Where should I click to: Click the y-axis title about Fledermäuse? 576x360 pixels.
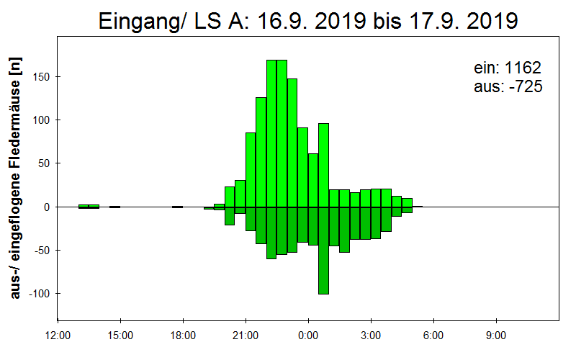click(15, 178)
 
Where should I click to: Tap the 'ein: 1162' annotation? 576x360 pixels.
click(508, 68)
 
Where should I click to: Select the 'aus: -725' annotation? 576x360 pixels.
click(508, 86)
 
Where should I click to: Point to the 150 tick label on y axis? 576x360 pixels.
click(42, 77)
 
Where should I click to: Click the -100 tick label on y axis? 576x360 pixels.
click(39, 294)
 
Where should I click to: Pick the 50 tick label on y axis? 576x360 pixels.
click(44, 163)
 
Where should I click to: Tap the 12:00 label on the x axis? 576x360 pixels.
click(58, 336)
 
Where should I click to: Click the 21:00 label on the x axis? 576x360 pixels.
click(246, 336)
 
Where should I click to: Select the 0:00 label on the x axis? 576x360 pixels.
click(308, 336)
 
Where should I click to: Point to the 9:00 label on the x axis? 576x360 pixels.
click(496, 336)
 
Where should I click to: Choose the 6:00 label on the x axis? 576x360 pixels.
click(433, 336)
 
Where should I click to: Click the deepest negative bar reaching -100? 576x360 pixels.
click(323, 251)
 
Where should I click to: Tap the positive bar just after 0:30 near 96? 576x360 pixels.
click(323, 166)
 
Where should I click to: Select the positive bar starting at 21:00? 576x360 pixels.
click(251, 170)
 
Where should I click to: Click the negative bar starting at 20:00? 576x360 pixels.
click(230, 216)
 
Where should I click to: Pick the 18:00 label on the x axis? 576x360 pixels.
click(183, 336)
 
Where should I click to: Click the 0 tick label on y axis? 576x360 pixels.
click(47, 207)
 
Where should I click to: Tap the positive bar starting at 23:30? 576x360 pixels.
click(302, 168)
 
